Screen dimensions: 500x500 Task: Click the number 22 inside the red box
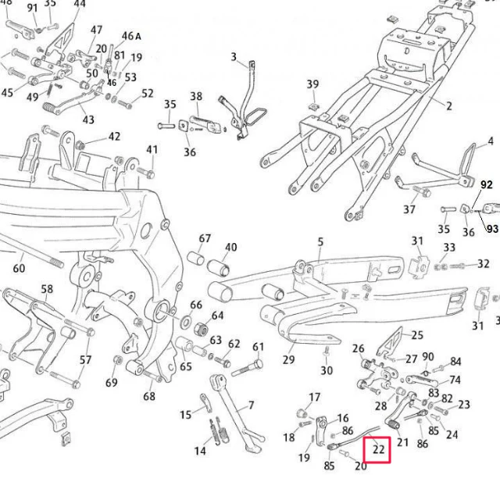[378, 449]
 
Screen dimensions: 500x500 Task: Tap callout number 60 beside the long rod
[19, 268]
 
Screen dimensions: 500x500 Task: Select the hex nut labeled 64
[200, 327]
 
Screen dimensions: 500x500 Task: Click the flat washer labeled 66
[186, 322]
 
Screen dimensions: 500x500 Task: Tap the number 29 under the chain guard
[288, 359]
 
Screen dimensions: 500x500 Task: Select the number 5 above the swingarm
[320, 241]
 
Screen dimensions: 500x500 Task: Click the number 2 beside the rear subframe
[448, 105]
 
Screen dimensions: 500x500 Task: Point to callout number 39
[312, 84]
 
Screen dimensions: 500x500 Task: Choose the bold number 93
[492, 229]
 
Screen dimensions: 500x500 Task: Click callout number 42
[115, 137]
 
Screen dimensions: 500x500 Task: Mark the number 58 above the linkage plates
[47, 289]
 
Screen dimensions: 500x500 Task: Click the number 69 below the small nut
[112, 382]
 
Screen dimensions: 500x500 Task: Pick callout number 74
[455, 380]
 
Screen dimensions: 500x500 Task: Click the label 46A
[131, 36]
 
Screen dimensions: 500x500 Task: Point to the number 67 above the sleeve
[205, 238]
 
